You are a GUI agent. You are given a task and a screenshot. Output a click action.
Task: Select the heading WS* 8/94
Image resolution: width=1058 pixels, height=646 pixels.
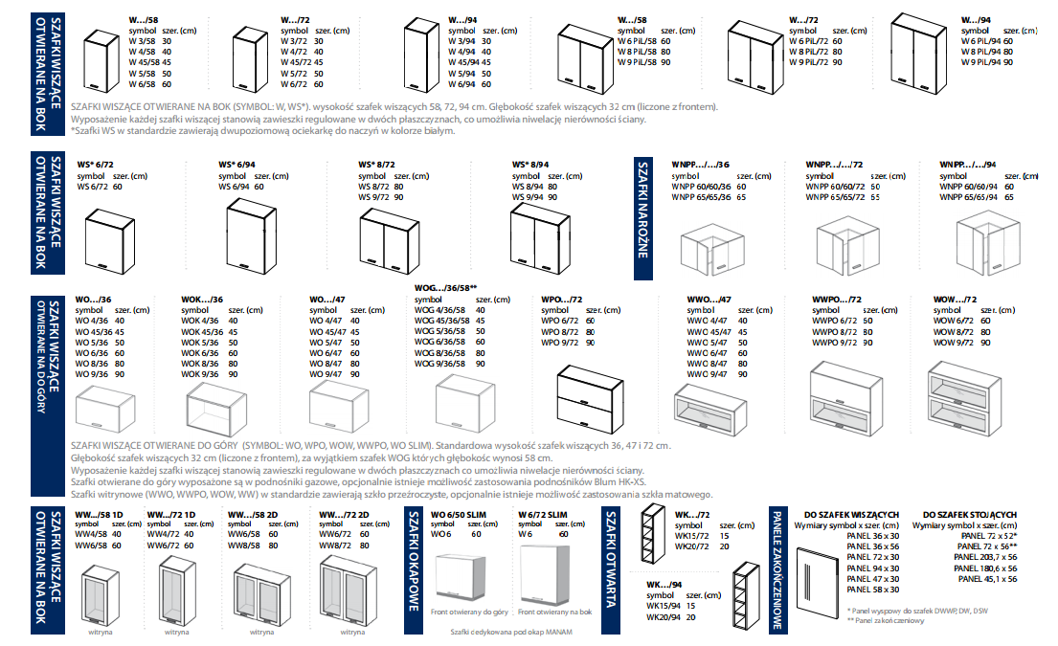pyautogui.click(x=530, y=165)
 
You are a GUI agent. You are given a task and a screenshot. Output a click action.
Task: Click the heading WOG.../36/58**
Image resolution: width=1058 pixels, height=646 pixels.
pyautogui.click(x=443, y=288)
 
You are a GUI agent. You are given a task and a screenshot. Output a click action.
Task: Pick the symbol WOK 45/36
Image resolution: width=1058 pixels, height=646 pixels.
pyautogui.click(x=202, y=331)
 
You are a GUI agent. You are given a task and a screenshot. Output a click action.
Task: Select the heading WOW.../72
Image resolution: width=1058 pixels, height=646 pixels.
pyautogui.click(x=955, y=301)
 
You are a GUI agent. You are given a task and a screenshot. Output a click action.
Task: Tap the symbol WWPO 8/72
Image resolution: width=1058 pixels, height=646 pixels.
pyautogui.click(x=831, y=331)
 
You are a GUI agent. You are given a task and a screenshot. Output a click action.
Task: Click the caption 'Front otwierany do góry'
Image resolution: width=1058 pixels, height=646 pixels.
pyautogui.click(x=469, y=611)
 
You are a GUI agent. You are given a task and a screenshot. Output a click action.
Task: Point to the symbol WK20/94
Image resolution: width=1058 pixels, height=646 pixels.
pyautogui.click(x=662, y=617)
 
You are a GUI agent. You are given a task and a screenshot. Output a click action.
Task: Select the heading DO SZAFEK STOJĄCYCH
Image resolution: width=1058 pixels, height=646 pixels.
pyautogui.click(x=970, y=515)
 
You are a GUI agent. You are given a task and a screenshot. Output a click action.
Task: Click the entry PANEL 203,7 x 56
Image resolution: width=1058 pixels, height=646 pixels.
pyautogui.click(x=985, y=557)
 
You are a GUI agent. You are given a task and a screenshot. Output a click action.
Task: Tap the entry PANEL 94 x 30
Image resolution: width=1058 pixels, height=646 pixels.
pyautogui.click(x=872, y=568)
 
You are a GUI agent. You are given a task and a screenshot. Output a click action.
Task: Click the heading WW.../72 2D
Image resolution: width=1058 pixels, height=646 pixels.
pyautogui.click(x=342, y=515)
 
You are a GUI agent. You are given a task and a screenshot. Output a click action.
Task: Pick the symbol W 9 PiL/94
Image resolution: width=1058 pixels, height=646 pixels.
pyautogui.click(x=986, y=62)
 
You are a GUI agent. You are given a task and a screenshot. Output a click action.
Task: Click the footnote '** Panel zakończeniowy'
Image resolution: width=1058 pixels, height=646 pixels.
pyautogui.click(x=886, y=620)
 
